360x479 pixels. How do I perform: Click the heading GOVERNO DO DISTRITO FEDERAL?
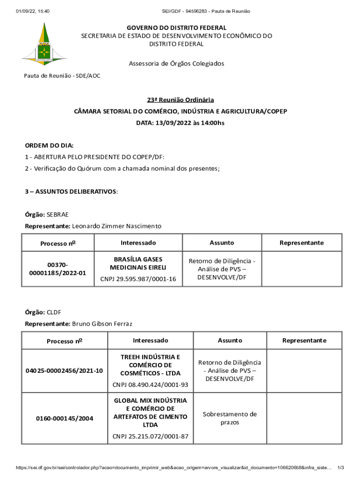176,28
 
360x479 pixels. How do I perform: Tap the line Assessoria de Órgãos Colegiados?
176,64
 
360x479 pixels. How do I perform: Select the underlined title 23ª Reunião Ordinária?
180,100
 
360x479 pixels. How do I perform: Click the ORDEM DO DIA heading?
49,145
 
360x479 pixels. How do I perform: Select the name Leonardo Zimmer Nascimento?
116,226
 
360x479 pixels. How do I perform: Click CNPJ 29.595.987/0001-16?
138,279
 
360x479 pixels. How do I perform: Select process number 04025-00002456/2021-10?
65,371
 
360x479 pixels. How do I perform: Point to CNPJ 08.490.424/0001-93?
150,385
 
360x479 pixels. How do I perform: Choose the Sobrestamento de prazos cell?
230,418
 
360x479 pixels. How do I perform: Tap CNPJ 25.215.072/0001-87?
150,436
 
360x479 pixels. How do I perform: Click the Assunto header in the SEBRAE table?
222,243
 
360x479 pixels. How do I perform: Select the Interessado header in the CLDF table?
150,340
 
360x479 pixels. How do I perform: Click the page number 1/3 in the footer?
341,468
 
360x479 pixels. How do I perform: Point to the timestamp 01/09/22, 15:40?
32,11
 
